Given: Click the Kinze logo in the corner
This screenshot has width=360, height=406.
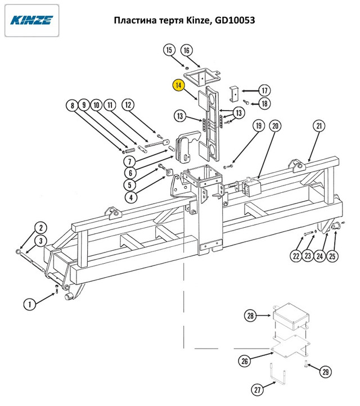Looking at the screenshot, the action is [31, 20].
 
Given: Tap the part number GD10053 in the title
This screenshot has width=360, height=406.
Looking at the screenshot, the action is [235, 20].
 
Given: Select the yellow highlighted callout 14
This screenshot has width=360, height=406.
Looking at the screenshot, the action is [179, 85].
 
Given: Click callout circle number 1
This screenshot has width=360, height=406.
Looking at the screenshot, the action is [29, 304].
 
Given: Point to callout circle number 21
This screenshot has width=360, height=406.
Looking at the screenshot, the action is [319, 126].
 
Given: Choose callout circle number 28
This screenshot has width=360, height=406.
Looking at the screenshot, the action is [250, 315].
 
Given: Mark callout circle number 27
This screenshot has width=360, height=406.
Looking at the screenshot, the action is [258, 390].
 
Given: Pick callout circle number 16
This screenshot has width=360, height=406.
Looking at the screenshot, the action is [187, 50].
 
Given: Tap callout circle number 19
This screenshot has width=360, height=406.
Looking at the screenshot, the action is [259, 126].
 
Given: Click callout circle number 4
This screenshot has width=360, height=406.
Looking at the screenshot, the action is [131, 197].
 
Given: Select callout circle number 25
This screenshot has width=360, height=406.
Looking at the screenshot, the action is [332, 256].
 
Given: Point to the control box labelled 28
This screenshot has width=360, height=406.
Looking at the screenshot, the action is [291, 316].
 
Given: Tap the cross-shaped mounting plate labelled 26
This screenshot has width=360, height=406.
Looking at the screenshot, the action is [290, 346].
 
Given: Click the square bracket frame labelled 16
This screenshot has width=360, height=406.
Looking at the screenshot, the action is [202, 76].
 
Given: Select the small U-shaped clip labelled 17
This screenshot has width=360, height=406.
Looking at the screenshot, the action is [234, 93].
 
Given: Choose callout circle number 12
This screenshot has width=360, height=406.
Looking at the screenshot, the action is [128, 105].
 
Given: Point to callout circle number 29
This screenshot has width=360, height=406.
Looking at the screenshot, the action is [325, 372].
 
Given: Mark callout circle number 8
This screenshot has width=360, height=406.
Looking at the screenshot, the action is [72, 105].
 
